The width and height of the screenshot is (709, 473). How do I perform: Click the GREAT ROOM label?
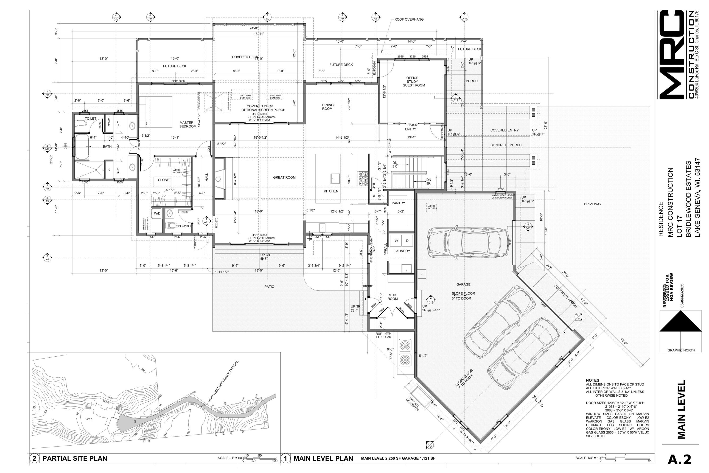pyautogui.click(x=284, y=177)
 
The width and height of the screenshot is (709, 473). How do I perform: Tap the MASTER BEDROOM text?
pyautogui.click(x=187, y=125)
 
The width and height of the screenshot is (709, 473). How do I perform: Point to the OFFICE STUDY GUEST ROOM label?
pyautogui.click(x=414, y=81)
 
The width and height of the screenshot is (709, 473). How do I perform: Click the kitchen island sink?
pyautogui.click(x=335, y=178)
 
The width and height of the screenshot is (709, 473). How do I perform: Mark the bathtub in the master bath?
pyautogui.click(x=82, y=147)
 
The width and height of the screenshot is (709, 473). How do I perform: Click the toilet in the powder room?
pyautogui.click(x=172, y=225)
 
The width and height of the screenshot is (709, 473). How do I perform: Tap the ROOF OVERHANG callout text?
pyautogui.click(x=409, y=19)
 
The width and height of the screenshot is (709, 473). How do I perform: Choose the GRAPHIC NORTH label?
pyautogui.click(x=681, y=350)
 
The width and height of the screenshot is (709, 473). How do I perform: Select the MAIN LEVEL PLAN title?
pyautogui.click(x=323, y=459)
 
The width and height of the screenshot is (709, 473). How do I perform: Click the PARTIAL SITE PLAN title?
pyautogui.click(x=75, y=459)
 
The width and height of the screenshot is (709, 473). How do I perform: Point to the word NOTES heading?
pyautogui.click(x=592, y=380)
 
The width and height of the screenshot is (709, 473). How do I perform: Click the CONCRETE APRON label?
pyautogui.click(x=566, y=296)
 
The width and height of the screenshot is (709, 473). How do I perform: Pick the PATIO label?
pyautogui.click(x=269, y=287)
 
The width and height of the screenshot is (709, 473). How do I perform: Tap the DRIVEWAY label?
pyautogui.click(x=592, y=204)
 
